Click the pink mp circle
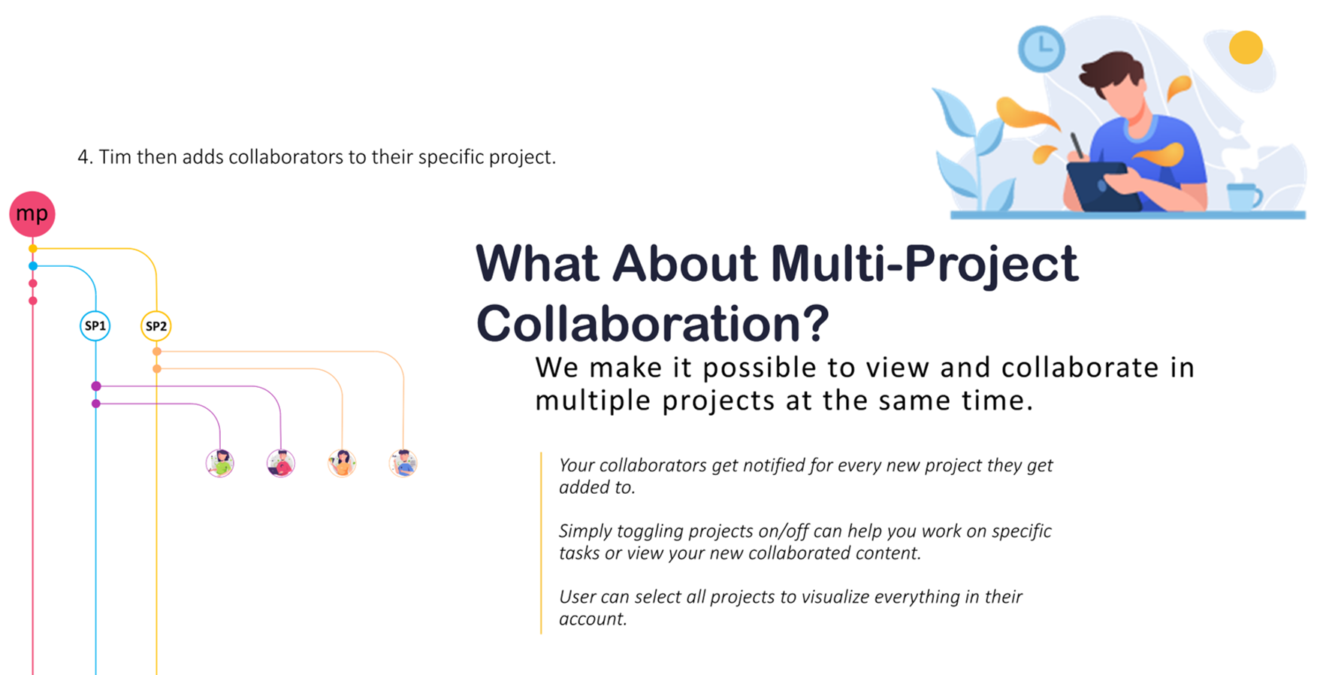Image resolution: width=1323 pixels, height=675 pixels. click(32, 213)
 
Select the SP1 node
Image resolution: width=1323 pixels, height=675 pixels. click(95, 325)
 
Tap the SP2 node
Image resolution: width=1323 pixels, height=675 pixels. click(156, 325)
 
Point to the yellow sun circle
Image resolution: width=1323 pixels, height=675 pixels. click(1246, 47)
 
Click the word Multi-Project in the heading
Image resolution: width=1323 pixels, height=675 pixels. click(924, 265)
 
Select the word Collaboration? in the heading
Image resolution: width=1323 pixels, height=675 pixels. click(652, 324)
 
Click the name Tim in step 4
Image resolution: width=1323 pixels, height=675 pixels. click(115, 157)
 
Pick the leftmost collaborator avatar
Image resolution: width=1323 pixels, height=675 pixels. click(220, 463)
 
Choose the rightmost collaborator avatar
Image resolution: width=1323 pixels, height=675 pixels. click(403, 463)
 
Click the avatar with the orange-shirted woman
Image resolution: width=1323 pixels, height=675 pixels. click(342, 463)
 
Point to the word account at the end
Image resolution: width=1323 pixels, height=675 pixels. click(591, 619)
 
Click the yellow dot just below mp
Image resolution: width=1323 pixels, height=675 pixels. click(33, 248)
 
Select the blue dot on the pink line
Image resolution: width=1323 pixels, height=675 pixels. click(33, 266)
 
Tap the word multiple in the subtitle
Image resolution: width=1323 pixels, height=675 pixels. click(594, 401)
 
